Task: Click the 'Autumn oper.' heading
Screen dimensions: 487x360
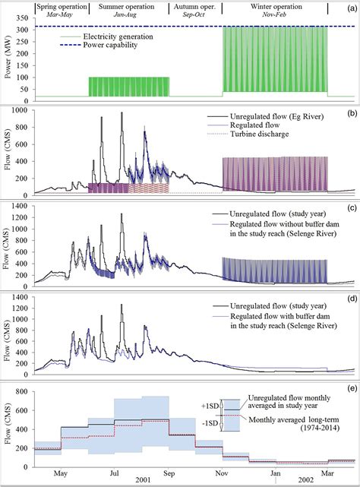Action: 194,6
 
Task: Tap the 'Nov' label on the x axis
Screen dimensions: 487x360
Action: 225,473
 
